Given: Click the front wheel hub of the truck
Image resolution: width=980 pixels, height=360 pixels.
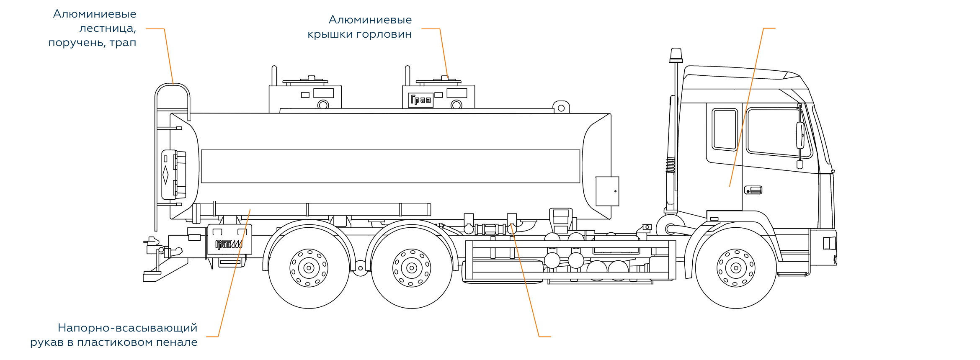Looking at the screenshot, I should [736, 268].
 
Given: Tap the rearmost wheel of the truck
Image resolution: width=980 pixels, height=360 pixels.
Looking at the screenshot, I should [309, 268].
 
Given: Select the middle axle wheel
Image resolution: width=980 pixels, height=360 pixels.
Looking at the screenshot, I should [412, 268].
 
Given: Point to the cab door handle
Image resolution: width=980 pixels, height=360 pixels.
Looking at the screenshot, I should [753, 190].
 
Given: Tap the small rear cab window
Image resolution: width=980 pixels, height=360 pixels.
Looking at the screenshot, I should [725, 129].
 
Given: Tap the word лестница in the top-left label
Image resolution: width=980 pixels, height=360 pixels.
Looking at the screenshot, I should [108, 28].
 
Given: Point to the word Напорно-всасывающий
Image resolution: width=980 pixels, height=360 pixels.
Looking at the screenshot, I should [127, 328].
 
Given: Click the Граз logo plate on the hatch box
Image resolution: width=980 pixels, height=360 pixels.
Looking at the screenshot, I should [421, 100].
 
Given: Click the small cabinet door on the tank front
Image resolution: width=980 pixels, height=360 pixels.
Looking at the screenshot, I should [607, 191].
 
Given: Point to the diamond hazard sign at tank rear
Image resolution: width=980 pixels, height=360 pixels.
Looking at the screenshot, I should [165, 175].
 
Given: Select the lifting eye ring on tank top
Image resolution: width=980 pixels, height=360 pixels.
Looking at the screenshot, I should [561, 108].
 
